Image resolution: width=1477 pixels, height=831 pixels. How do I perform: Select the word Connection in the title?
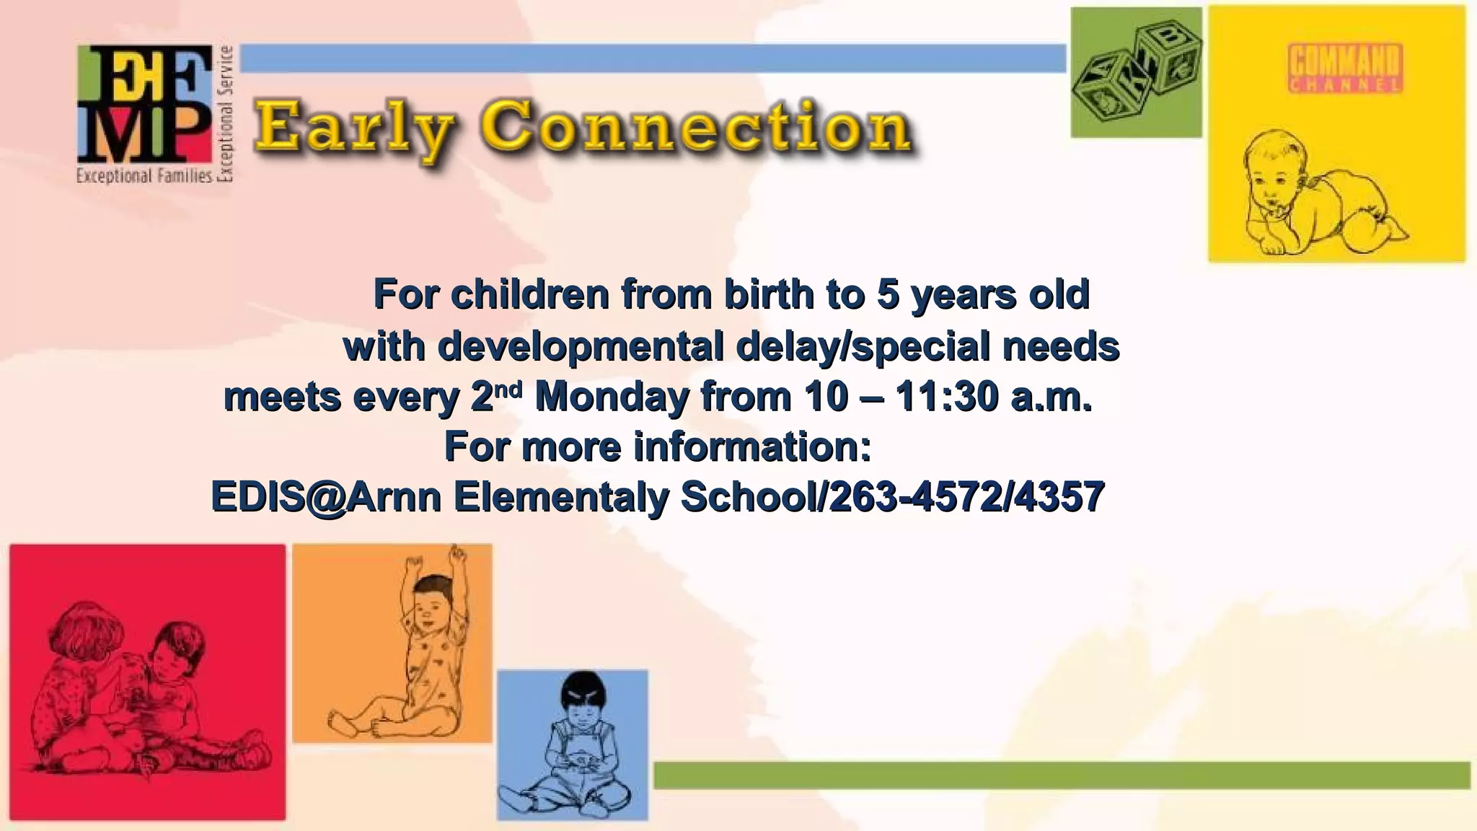tap(697, 127)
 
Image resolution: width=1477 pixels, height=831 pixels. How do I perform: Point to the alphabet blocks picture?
tap(1136, 72)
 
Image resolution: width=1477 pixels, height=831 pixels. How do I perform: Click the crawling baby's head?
tap(1277, 173)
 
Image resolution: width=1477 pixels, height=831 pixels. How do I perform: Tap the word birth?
tap(770, 294)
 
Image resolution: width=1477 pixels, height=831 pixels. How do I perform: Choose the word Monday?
tap(612, 397)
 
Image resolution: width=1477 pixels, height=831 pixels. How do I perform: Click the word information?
tap(752, 447)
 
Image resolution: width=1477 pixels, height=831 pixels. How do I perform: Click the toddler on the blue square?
tap(573, 747)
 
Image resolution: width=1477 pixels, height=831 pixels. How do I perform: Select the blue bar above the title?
tap(653, 58)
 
